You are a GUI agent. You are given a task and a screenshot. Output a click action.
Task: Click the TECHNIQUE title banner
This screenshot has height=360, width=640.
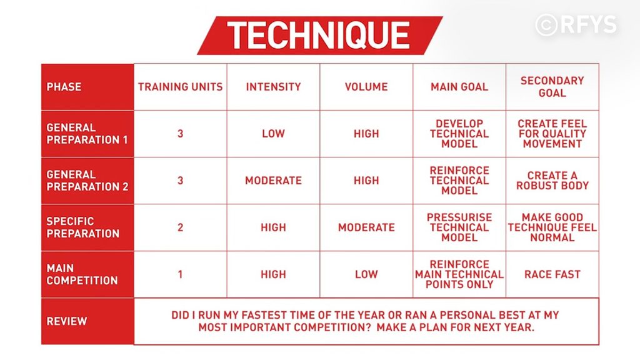click(x=320, y=36)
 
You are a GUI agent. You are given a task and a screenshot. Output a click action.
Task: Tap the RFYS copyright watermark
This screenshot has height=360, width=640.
click(x=576, y=24)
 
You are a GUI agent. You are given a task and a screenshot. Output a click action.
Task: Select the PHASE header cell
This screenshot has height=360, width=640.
click(x=87, y=86)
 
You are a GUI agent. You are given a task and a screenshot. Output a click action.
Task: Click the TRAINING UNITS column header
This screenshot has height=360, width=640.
click(x=181, y=86)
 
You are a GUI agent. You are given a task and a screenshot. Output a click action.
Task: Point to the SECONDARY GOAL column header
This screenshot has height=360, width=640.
click(x=552, y=86)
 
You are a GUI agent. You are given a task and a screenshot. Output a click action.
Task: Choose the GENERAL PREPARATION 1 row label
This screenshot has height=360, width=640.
click(x=87, y=134)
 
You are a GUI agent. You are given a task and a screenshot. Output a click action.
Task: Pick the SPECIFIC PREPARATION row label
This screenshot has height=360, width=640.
click(x=87, y=227)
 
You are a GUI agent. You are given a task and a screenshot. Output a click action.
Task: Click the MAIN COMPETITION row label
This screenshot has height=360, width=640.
click(x=87, y=274)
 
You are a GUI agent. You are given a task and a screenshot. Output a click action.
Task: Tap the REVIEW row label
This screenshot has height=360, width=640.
click(x=87, y=321)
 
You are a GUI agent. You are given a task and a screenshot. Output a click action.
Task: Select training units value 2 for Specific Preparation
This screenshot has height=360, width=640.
click(x=181, y=227)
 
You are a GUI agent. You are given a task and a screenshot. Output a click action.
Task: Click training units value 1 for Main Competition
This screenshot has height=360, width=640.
click(x=180, y=274)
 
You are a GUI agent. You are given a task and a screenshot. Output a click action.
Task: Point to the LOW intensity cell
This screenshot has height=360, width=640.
click(x=274, y=134)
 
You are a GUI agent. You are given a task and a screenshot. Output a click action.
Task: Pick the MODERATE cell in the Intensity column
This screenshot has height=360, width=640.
click(x=274, y=181)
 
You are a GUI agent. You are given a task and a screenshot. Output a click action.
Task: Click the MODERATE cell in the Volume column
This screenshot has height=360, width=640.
click(x=366, y=227)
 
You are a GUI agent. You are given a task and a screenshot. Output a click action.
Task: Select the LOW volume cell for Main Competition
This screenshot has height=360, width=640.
click(x=366, y=274)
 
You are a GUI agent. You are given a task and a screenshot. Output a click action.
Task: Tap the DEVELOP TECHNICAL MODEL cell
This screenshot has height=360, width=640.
click(x=459, y=134)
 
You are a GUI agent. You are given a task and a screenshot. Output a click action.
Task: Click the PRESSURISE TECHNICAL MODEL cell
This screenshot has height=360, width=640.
click(x=459, y=227)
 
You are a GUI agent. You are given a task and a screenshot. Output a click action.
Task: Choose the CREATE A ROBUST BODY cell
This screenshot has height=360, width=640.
click(x=552, y=181)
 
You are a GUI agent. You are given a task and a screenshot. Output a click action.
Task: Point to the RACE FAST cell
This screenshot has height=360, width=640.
click(x=552, y=274)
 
